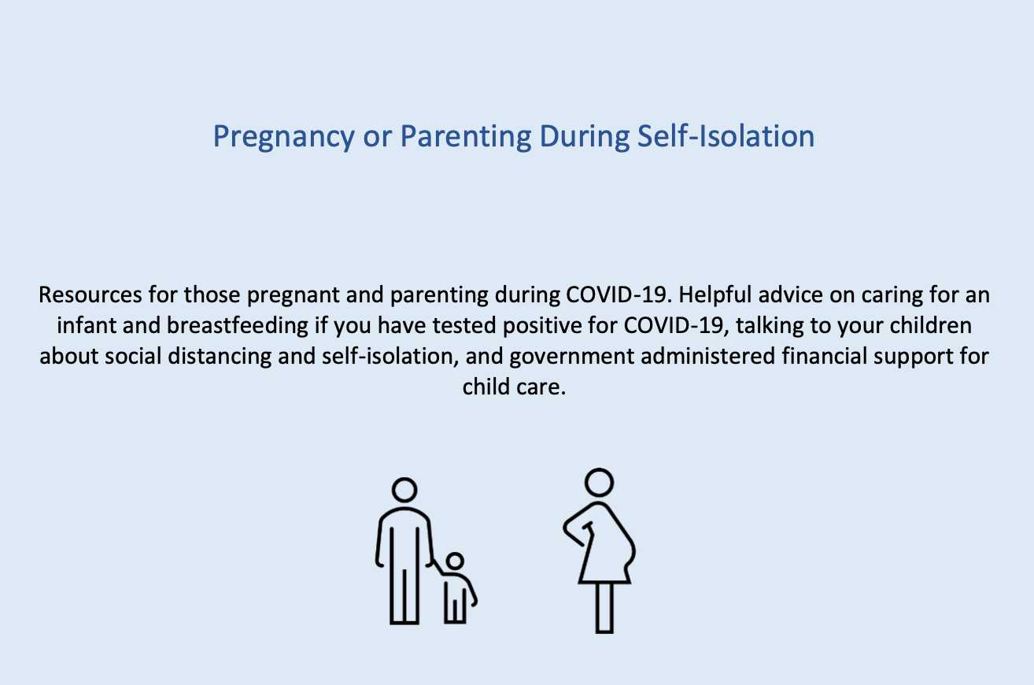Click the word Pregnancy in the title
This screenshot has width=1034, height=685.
tap(283, 137)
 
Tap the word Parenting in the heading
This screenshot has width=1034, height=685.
tap(465, 137)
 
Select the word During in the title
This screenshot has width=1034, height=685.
tap(584, 135)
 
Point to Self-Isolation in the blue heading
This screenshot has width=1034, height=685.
tap(726, 135)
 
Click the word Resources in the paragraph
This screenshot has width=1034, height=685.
tap(90, 294)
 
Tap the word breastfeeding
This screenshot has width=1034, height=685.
tap(238, 326)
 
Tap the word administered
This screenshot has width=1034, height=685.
tap(707, 356)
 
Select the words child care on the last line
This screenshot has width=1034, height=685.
tap(514, 387)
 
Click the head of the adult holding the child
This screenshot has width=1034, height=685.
tap(404, 490)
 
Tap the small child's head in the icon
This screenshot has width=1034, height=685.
tap(455, 561)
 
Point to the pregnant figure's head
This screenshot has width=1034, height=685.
tap(599, 483)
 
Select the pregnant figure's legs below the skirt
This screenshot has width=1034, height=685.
tap(604, 607)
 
